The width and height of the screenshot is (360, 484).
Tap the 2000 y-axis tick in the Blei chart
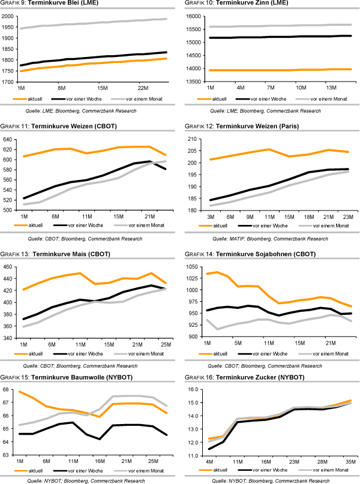[x=8, y=16]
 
